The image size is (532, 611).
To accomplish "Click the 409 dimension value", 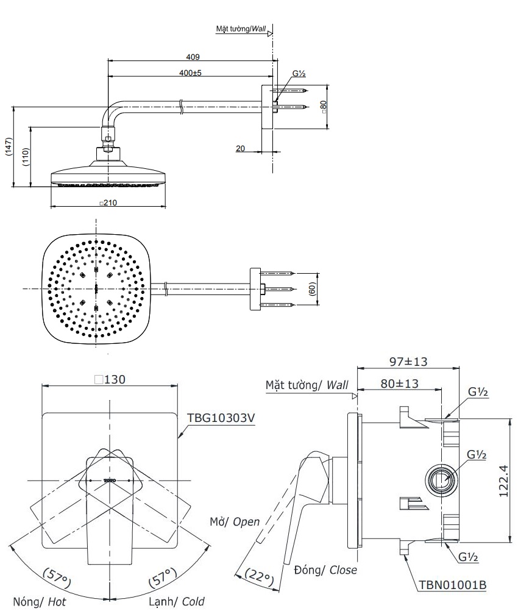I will (x=193, y=57).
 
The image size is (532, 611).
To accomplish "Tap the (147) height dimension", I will (x=8, y=147).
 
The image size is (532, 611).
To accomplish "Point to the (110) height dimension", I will (x=25, y=157).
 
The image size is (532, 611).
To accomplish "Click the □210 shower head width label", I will (x=108, y=202).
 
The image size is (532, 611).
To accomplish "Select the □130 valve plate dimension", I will (x=110, y=379).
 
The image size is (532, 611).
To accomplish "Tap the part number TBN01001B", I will (x=452, y=585).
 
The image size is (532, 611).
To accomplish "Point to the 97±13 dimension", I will (x=408, y=362).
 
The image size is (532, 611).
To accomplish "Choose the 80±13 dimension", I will (x=399, y=384).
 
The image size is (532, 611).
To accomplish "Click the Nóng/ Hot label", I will (x=41, y=602).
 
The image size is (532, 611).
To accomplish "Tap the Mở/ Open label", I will (x=235, y=522).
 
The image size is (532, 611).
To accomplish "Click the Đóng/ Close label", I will (x=325, y=570).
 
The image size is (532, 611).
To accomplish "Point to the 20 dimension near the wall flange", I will (x=241, y=147).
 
